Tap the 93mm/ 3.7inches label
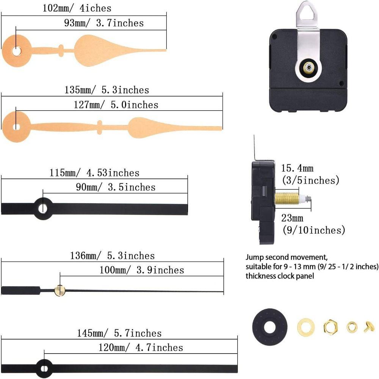[x=103, y=23]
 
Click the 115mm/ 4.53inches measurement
[x=95, y=173]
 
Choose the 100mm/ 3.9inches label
[x=141, y=270]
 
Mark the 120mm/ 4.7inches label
[x=140, y=348]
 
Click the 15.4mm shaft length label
[x=298, y=168]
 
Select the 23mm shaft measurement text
[x=292, y=218]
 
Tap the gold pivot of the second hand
[x=59, y=290]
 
